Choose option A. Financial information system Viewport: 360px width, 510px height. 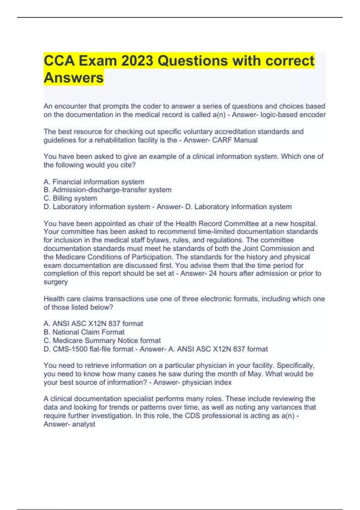[x=94, y=182]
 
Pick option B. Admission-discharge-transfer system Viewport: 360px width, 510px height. [x=107, y=190]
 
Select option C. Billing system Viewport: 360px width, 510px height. [x=70, y=198]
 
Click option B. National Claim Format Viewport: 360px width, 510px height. [x=84, y=332]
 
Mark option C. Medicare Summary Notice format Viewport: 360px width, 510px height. [x=102, y=340]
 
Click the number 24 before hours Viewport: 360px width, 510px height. [x=213, y=274]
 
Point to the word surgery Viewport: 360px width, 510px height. [x=55, y=282]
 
